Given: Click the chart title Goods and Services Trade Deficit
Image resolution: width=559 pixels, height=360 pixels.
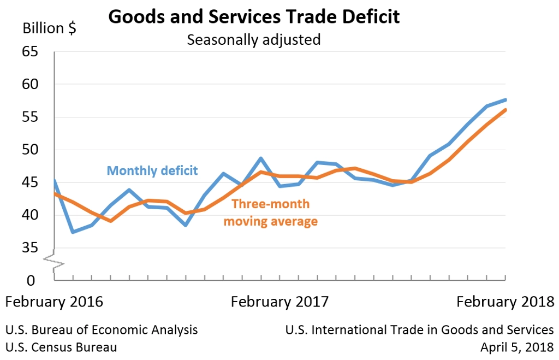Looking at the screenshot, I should (254, 16).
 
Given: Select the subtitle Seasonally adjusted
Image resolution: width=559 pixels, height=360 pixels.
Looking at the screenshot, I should (254, 40).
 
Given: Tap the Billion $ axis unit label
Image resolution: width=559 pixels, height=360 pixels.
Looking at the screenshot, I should (49, 28).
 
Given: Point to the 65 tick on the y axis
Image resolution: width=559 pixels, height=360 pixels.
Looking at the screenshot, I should (31, 52).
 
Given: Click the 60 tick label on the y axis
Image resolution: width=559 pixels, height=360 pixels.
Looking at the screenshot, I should (31, 85).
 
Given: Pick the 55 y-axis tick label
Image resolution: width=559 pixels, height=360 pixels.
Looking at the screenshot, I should (31, 117).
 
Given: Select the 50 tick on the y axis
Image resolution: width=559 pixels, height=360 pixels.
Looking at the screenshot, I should (31, 150).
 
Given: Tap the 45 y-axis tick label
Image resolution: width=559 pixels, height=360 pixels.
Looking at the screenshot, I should (31, 183).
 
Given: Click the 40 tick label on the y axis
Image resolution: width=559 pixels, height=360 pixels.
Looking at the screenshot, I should (31, 216).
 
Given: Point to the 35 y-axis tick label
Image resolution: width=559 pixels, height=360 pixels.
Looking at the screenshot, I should (31, 249).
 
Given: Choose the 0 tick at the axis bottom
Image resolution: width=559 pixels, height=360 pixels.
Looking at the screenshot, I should (31, 281).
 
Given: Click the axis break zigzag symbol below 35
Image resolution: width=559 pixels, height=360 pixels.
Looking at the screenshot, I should (54, 262).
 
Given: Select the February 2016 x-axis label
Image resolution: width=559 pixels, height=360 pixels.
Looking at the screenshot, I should (54, 302).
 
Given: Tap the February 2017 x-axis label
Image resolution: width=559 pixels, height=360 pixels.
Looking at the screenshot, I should (280, 302).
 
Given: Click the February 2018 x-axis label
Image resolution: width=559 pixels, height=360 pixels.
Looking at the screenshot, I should (505, 302).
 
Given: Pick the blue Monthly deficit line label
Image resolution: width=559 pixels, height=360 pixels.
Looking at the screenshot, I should (152, 170).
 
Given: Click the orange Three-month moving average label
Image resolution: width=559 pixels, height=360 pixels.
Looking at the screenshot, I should (271, 213).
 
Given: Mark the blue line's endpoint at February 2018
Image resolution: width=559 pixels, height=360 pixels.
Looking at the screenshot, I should (506, 99).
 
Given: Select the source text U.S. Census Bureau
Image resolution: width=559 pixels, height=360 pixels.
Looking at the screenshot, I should (61, 347).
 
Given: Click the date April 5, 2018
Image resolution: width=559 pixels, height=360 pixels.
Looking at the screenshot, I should (517, 347).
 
